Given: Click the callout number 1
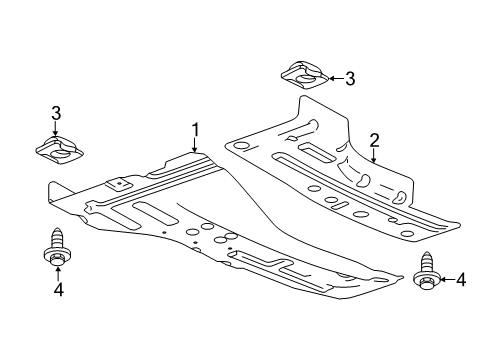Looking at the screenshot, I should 197,129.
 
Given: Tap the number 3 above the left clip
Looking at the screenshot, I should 57,112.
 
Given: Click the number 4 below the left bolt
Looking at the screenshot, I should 57,290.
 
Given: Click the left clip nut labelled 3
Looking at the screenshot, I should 60,148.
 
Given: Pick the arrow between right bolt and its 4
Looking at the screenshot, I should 444,280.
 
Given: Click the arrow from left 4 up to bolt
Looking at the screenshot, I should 57,274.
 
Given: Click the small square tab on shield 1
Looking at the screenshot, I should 118,183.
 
